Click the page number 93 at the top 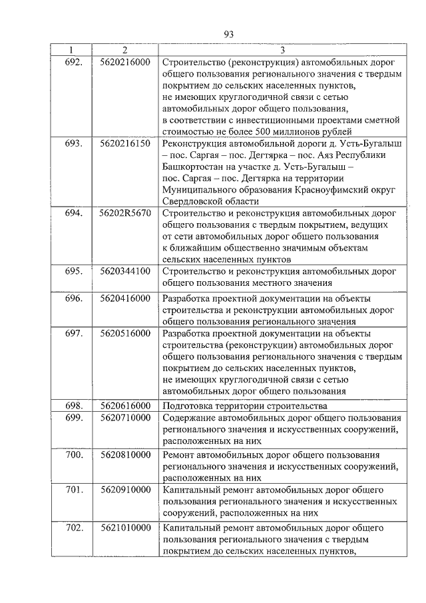pos(228,35)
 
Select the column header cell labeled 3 pos(282,50)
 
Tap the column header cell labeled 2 pos(124,50)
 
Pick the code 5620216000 pos(124,62)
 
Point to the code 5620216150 pos(124,143)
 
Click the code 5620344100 pos(124,271)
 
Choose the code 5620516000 pos(124,333)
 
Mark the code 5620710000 pos(124,417)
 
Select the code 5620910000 pos(124,490)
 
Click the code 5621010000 pos(124,528)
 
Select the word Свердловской pos(192,201)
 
